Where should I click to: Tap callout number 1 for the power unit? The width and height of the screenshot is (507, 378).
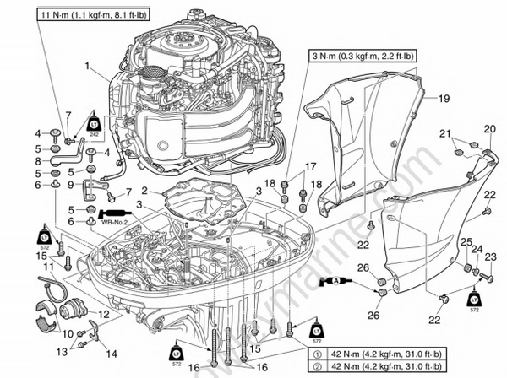(86, 65)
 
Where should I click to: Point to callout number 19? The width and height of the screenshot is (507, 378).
(443, 99)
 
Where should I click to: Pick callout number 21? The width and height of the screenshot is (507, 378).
(445, 134)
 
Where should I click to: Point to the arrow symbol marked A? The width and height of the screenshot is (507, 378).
(335, 279)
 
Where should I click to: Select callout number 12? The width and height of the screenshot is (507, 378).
(103, 314)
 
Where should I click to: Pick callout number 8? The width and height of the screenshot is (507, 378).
(38, 159)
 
